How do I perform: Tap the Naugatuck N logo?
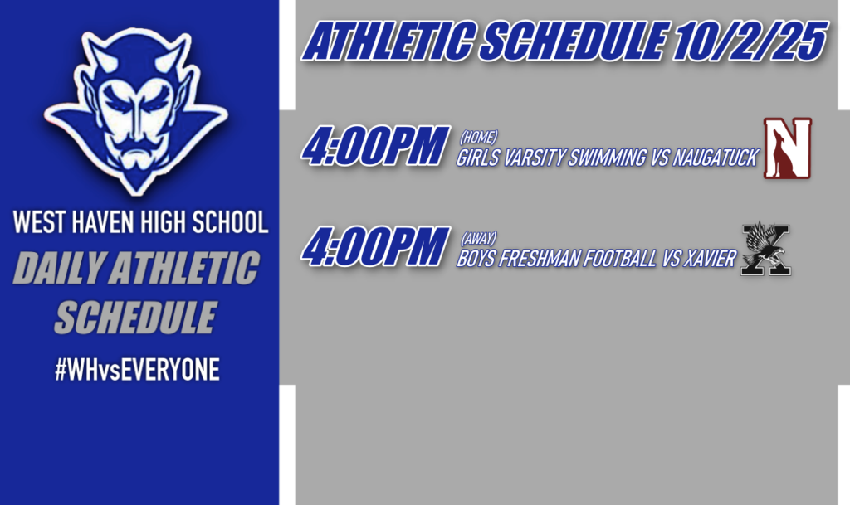pyautogui.click(x=787, y=148)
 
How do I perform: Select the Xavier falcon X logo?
pyautogui.click(x=765, y=248)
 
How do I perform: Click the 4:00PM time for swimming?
pyautogui.click(x=374, y=147)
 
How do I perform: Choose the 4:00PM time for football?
pyautogui.click(x=374, y=247)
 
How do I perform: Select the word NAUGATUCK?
pyautogui.click(x=716, y=158)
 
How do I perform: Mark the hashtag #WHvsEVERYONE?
pyautogui.click(x=137, y=370)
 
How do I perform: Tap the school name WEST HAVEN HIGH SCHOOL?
pyautogui.click(x=139, y=222)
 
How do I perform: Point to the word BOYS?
pyautogui.click(x=474, y=260)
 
